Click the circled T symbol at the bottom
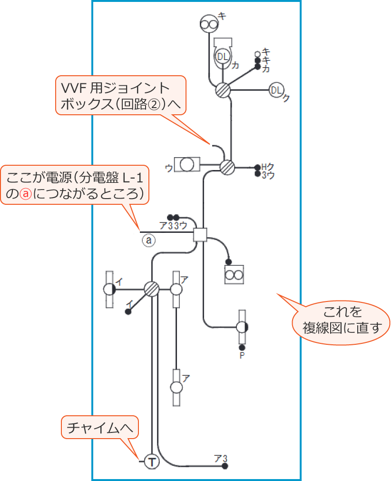151,461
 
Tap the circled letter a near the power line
148,241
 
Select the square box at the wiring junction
200,235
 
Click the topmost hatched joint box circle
223,90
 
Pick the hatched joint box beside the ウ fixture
228,167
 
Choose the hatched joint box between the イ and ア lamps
151,289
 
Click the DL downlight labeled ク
276,90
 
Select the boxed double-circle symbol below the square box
234,275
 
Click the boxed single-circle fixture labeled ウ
187,165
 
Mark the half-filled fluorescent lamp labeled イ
109,289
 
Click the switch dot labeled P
242,347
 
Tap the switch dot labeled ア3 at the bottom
225,466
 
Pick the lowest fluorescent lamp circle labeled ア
176,387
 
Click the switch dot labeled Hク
257,167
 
